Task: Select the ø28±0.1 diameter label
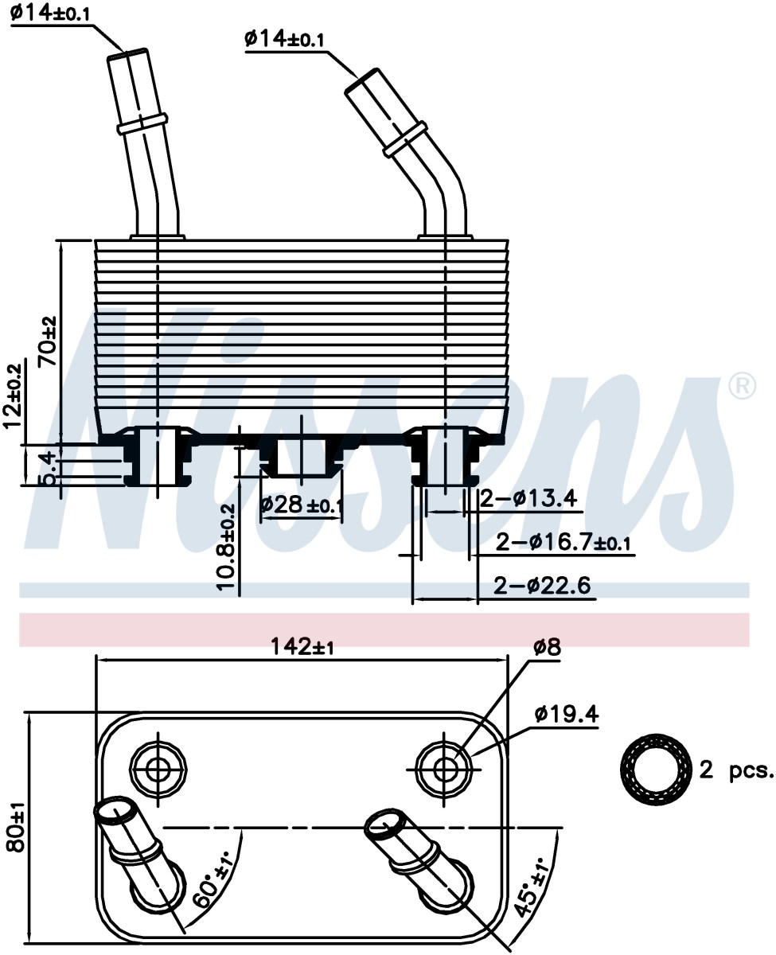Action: (x=302, y=505)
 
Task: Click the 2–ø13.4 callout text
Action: (x=528, y=498)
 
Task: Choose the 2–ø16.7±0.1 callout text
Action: (x=563, y=543)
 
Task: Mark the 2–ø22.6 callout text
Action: (x=542, y=585)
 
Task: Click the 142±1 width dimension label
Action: (x=302, y=646)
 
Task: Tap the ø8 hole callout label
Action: (x=547, y=647)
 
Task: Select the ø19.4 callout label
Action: (x=567, y=714)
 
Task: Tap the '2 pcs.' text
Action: (x=737, y=770)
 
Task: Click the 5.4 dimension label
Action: (x=49, y=469)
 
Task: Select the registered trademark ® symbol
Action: (x=743, y=386)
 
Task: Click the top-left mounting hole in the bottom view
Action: (x=158, y=769)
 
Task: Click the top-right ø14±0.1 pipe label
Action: (x=284, y=39)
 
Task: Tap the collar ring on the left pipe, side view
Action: (x=142, y=123)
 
